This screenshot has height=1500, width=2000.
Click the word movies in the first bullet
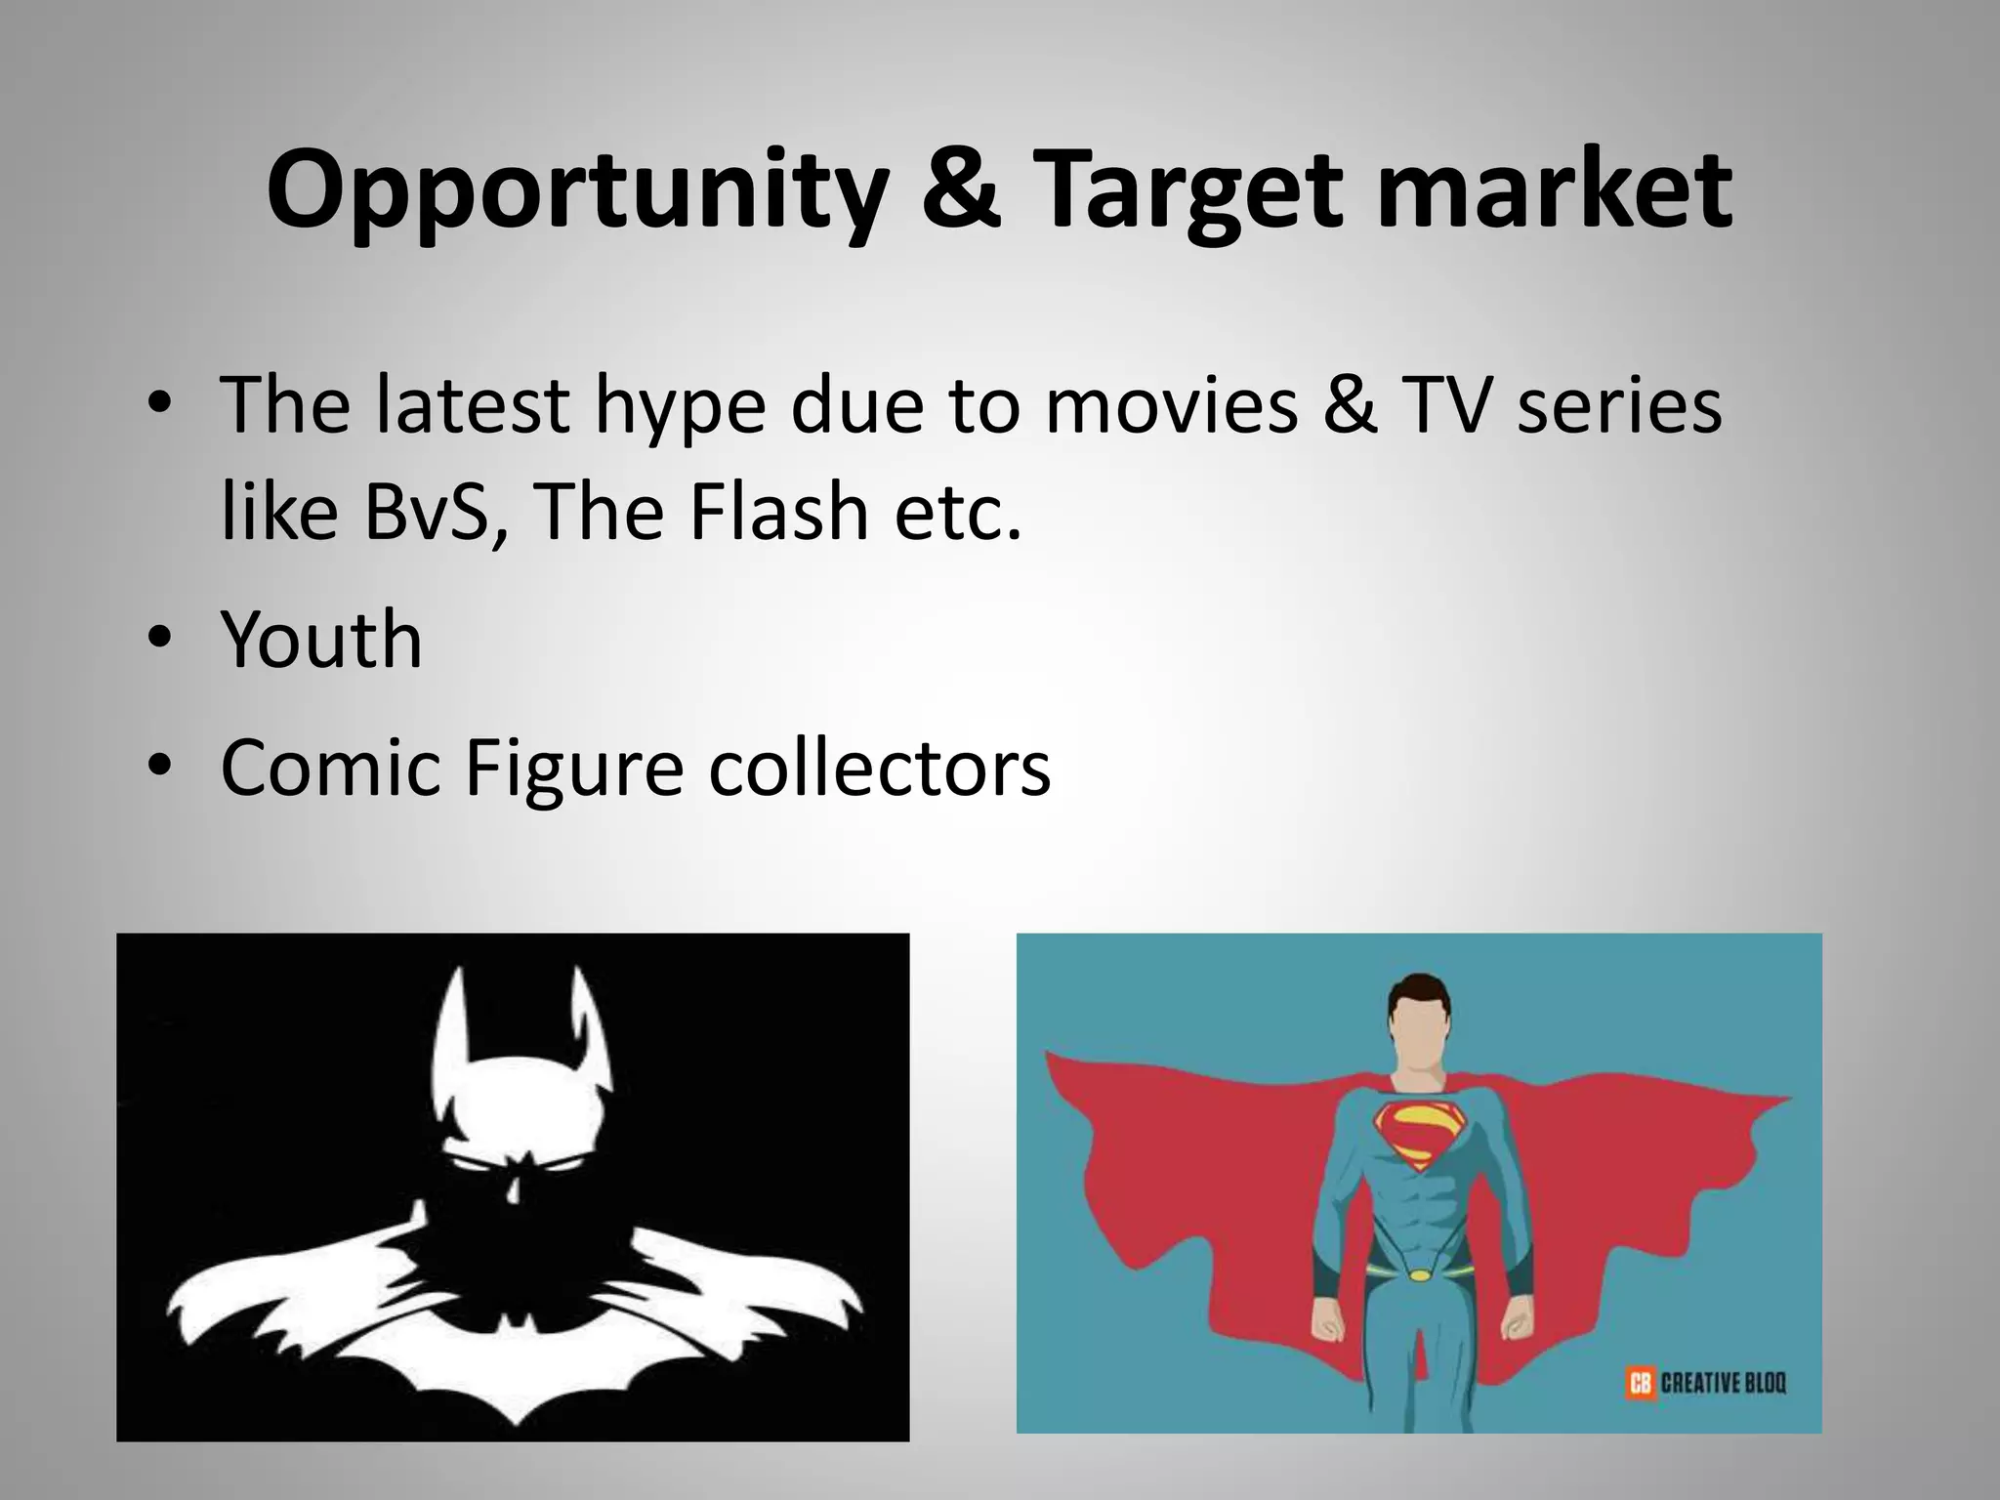[1172, 405]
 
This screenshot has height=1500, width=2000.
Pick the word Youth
[322, 640]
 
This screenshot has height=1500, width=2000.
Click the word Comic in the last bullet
[331, 768]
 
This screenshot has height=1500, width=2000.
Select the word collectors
[879, 768]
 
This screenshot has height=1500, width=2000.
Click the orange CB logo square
[1640, 1383]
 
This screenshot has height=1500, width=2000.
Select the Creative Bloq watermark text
[1724, 1383]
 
